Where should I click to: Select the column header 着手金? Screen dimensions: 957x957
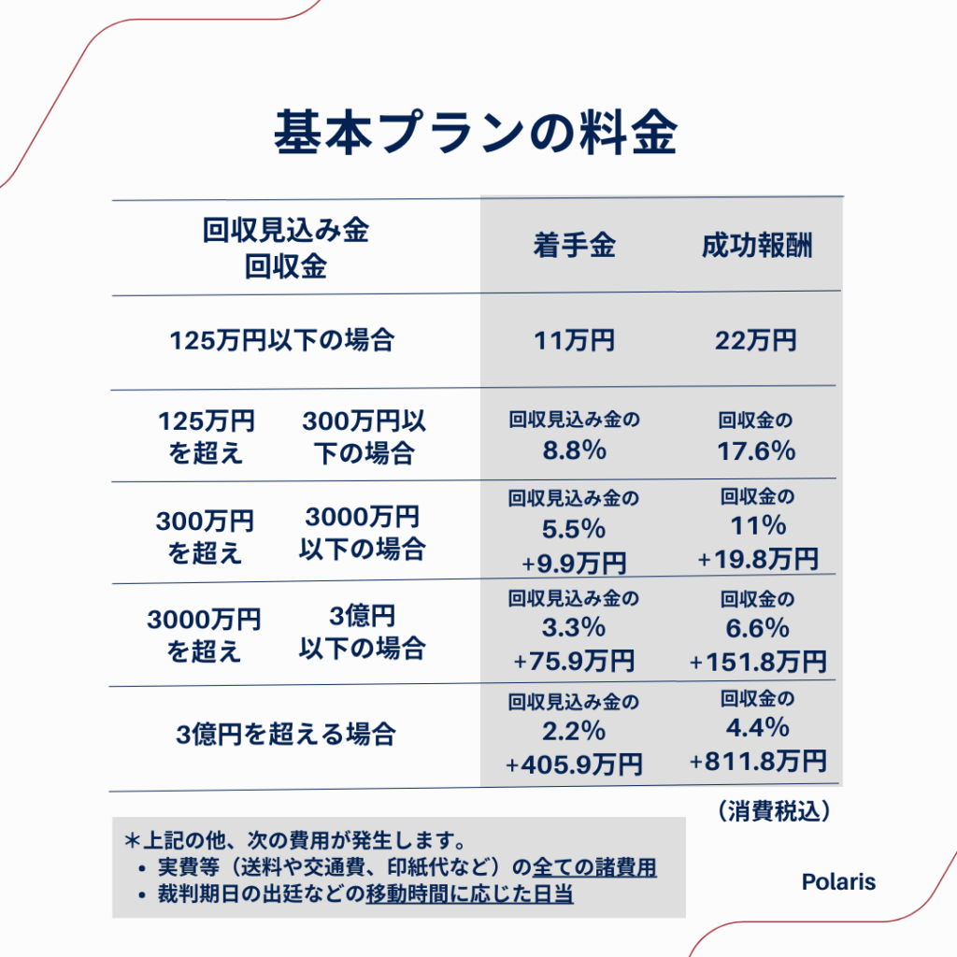click(x=574, y=246)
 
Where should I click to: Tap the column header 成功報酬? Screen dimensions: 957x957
click(x=757, y=246)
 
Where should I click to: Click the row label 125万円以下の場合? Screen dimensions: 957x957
click(x=281, y=340)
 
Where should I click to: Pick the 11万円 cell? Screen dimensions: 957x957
click(x=574, y=340)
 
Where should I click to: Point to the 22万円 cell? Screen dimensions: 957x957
click(x=757, y=340)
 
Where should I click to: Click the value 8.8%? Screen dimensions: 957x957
click(x=574, y=451)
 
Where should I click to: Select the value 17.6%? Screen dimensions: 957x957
click(x=757, y=451)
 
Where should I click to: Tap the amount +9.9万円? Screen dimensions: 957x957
click(x=574, y=563)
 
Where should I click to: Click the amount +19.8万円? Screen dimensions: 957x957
click(x=758, y=559)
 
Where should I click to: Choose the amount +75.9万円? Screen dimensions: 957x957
click(x=574, y=662)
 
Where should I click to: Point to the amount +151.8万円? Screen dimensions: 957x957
click(x=758, y=662)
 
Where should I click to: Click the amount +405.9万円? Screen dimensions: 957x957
click(x=574, y=765)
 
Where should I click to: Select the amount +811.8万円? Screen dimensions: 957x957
click(x=758, y=761)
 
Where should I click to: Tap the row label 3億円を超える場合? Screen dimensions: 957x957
click(x=285, y=735)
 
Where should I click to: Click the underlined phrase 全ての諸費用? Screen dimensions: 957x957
click(x=593, y=866)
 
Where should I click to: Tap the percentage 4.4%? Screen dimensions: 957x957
click(x=757, y=728)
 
